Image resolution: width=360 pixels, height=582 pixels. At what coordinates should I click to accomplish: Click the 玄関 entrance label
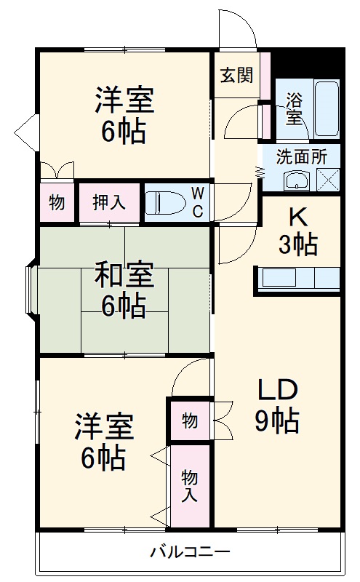[x=237, y=74]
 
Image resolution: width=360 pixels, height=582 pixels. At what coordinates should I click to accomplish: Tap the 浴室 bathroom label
[x=294, y=108]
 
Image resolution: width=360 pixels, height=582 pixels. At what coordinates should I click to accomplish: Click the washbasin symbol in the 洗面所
[x=297, y=180]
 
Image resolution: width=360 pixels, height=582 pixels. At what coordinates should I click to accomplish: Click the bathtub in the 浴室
[x=327, y=109]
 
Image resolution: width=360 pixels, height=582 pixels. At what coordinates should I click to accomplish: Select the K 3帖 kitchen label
[x=297, y=231]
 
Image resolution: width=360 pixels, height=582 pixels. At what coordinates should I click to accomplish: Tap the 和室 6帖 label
[x=124, y=291]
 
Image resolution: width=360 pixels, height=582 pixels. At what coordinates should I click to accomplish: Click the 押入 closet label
[x=109, y=202]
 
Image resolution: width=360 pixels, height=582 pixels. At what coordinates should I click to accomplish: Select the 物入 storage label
[x=189, y=486]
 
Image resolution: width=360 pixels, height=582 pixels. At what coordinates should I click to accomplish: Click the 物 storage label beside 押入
[x=56, y=202]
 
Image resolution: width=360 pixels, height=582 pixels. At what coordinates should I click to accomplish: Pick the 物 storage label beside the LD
[x=189, y=420]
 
